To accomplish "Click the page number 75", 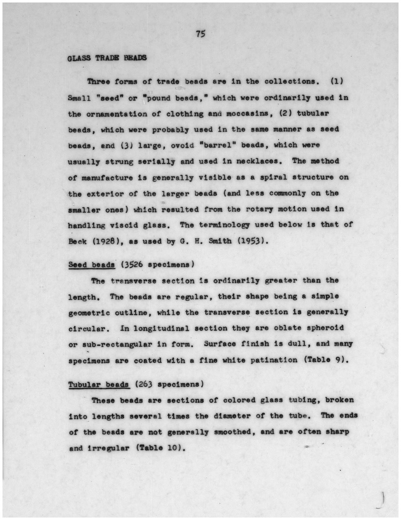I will coord(200,34).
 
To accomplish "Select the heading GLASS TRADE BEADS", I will coord(107,58).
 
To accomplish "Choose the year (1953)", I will coord(253,241).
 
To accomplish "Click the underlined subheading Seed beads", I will coord(91,265).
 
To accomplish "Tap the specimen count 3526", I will coord(132,265).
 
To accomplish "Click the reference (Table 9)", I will coord(324,360).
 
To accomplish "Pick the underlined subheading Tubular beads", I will coord(99,385).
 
